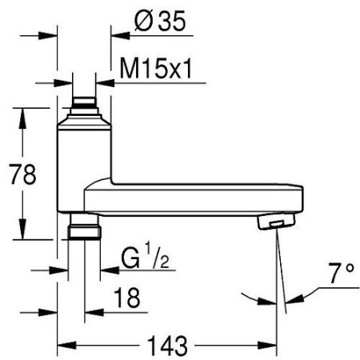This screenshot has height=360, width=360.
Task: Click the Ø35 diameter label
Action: click(x=159, y=21)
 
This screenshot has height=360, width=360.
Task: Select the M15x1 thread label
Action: click(x=156, y=69)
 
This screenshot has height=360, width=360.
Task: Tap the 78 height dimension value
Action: click(x=22, y=174)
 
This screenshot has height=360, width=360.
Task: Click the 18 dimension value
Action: click(x=127, y=298)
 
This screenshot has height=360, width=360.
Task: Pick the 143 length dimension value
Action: click(x=167, y=346)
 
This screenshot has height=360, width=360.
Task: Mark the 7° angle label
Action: click(x=342, y=274)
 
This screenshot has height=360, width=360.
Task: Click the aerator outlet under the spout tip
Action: click(x=276, y=222)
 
